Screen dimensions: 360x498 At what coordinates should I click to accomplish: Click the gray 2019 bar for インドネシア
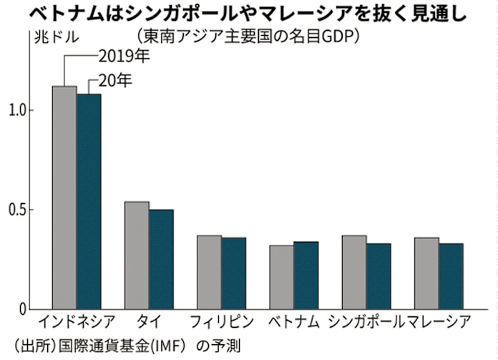64,198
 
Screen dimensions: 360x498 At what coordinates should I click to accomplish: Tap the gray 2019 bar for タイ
137,256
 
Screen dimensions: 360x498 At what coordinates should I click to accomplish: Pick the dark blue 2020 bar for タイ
161,260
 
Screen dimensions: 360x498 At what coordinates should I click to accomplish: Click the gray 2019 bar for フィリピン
209,273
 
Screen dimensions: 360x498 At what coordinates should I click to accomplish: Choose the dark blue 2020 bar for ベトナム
306,276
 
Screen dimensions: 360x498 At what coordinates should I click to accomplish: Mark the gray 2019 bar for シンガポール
354,273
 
